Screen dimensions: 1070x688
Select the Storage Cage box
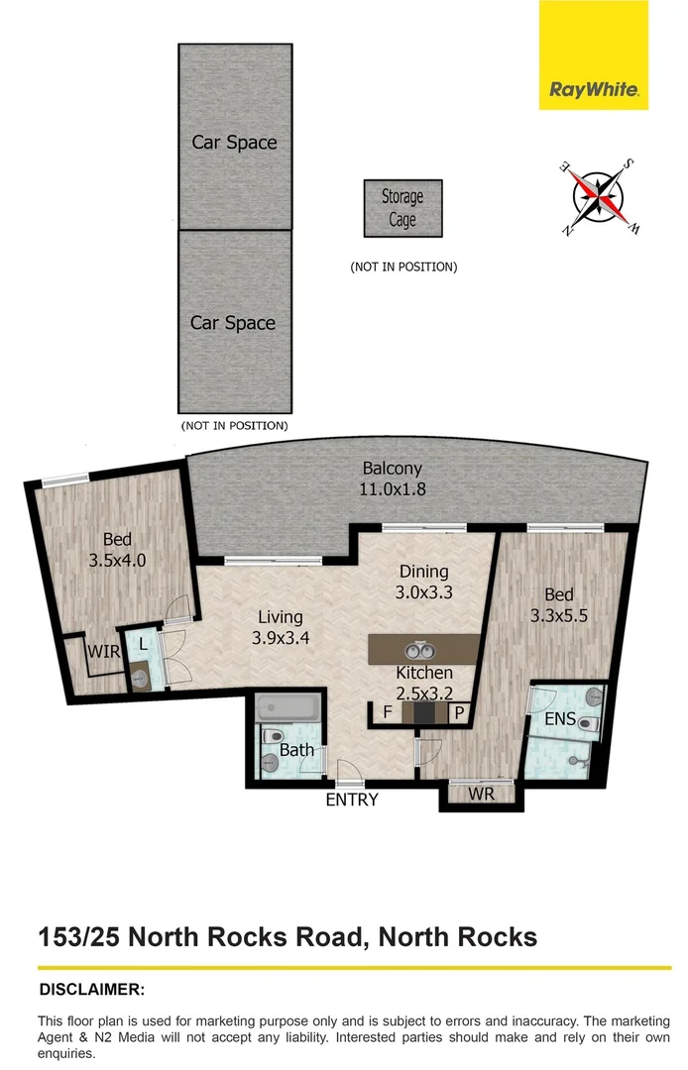tap(401, 208)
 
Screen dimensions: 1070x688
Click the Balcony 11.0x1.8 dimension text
tap(392, 487)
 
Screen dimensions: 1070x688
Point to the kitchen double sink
tap(419, 651)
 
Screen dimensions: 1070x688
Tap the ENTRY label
tap(352, 800)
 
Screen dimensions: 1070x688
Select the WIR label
tap(103, 653)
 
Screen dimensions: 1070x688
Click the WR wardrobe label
tap(481, 794)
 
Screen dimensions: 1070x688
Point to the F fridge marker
tap(387, 713)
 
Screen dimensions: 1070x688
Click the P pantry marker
tap(460, 713)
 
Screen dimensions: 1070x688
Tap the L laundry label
tap(143, 643)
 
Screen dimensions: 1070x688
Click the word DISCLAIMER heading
tap(91, 990)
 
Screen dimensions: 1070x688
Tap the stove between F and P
tap(423, 713)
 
